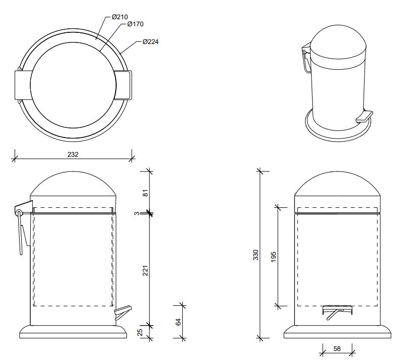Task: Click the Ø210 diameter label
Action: pyautogui.click(x=120, y=17)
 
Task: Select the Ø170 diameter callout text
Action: pyautogui.click(x=135, y=24)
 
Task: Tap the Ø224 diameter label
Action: pyautogui.click(x=150, y=41)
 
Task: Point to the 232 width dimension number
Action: pyautogui.click(x=73, y=154)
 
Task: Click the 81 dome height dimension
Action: pyautogui.click(x=145, y=193)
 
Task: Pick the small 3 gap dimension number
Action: pyautogui.click(x=137, y=213)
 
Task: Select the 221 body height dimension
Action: pyautogui.click(x=145, y=271)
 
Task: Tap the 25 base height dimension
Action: pyautogui.click(x=140, y=332)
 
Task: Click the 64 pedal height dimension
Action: pyautogui.click(x=178, y=322)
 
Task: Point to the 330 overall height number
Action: pyautogui.click(x=256, y=254)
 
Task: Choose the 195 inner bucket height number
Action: pyautogui.click(x=273, y=257)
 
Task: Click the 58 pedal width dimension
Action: pyautogui.click(x=337, y=348)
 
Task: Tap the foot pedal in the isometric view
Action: pyautogui.click(x=364, y=116)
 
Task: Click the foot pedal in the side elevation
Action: pyautogui.click(x=123, y=312)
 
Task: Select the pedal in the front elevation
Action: pyautogui.click(x=337, y=312)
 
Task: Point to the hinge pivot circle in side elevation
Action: pyautogui.click(x=19, y=213)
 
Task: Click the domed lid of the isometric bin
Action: pyautogui.click(x=338, y=47)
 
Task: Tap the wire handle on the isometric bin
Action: pyautogui.click(x=306, y=62)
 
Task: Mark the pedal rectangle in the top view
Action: pyautogui.click(x=123, y=84)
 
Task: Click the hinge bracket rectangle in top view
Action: pyautogui.click(x=23, y=85)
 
